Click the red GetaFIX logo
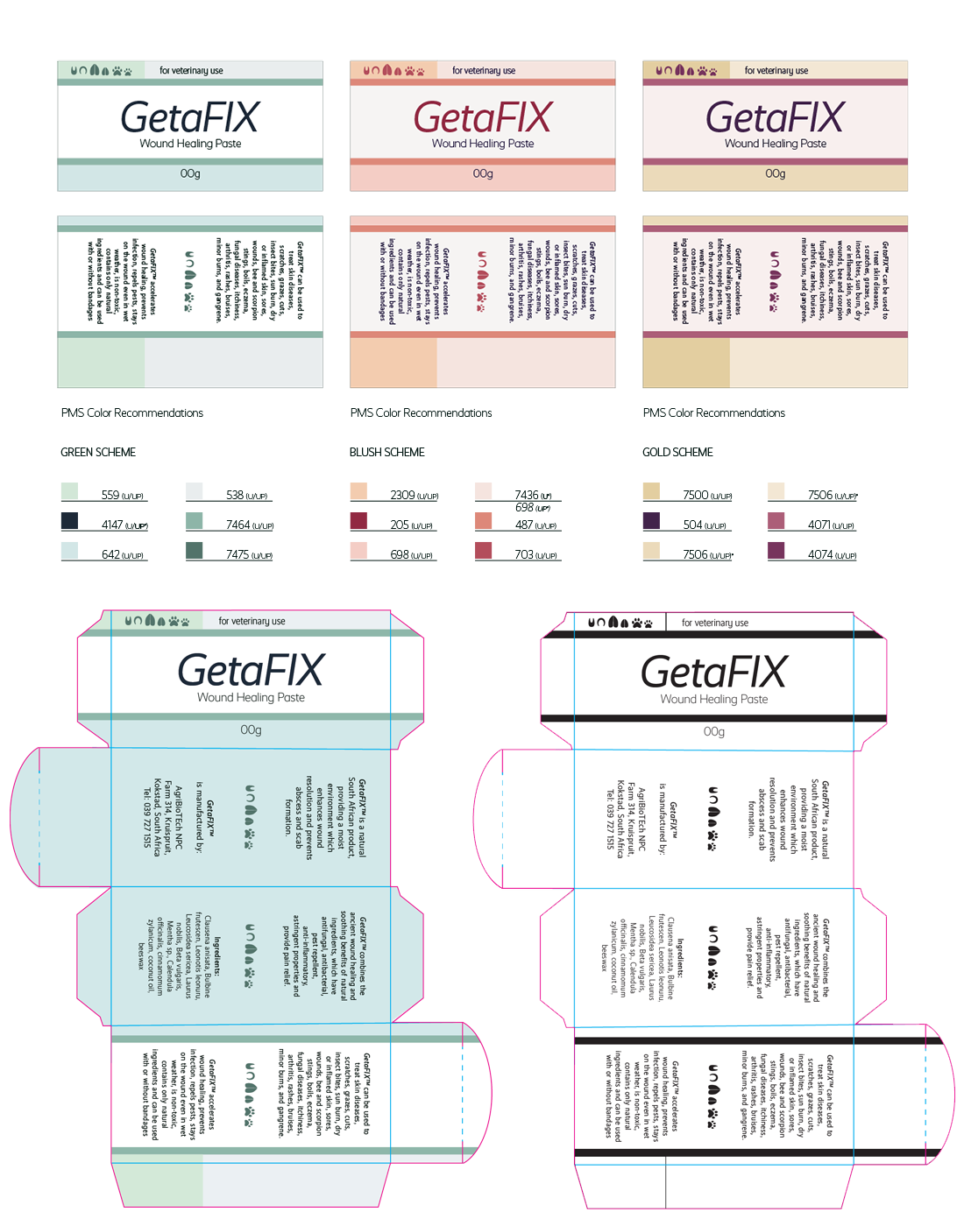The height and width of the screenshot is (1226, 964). point(483,118)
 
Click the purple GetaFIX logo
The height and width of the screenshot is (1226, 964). point(775,118)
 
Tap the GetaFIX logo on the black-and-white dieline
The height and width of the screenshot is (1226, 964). point(713,673)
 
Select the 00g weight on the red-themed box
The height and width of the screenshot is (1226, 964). point(483,173)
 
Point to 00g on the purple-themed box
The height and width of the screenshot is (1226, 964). point(776,173)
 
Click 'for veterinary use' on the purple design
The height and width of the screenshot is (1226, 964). point(776,71)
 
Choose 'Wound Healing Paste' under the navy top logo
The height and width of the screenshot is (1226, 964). point(190,144)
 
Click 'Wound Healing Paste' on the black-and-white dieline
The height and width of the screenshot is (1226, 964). point(713,699)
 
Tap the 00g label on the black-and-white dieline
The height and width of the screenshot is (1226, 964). point(714,731)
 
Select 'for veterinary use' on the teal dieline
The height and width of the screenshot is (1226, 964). point(252,621)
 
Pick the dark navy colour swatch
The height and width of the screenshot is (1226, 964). point(82,521)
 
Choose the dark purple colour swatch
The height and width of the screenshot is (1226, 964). point(663,521)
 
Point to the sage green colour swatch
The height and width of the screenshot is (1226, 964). point(207,521)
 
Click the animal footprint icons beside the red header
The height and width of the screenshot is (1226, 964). point(393,71)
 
